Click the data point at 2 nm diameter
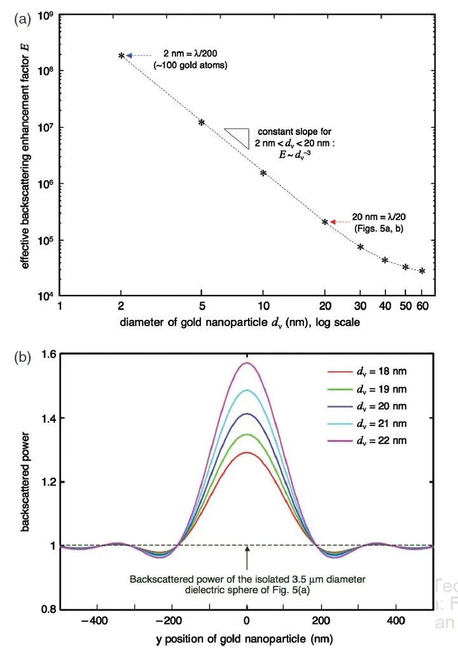coord(121,56)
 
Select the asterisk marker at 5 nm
coord(202,123)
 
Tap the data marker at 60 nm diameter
coord(422,271)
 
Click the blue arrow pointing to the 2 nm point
coord(128,56)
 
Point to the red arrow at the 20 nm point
coord(333,221)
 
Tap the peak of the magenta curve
coord(247,363)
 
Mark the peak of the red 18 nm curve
coord(247,453)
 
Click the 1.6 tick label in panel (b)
coord(41,354)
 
